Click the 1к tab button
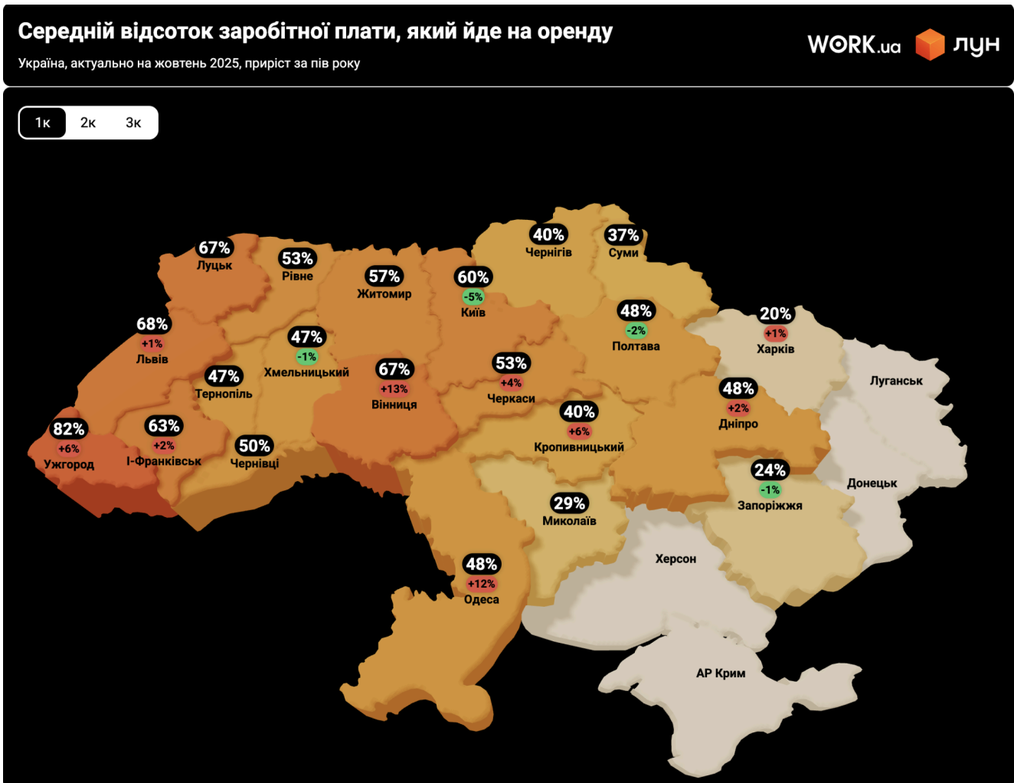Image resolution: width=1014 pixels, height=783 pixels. click(x=43, y=123)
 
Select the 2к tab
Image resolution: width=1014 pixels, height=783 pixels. click(x=88, y=123)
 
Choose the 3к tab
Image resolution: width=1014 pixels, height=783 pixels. click(x=133, y=123)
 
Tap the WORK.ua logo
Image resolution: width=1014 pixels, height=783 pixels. click(x=854, y=45)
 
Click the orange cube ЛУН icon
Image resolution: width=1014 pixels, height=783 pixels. click(x=930, y=44)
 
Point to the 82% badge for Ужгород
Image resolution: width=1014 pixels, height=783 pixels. click(x=69, y=429)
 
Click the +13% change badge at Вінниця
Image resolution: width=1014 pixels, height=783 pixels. click(x=394, y=389)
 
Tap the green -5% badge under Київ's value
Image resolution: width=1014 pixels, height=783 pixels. click(x=473, y=296)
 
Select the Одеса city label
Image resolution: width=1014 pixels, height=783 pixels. click(x=482, y=600)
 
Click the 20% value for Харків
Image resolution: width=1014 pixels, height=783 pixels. click(x=775, y=313)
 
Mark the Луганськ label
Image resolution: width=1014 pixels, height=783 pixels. click(x=896, y=381)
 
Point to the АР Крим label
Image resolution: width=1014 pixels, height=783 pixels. click(x=721, y=673)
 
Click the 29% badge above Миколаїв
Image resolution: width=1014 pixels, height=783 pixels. click(x=569, y=503)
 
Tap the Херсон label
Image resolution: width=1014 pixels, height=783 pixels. click(x=675, y=559)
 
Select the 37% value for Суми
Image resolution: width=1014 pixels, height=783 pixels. click(x=623, y=235)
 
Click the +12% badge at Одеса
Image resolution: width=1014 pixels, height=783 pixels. click(x=482, y=584)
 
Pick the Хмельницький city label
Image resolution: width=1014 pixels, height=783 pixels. click(x=306, y=372)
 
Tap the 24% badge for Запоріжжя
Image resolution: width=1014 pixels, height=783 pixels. click(x=770, y=470)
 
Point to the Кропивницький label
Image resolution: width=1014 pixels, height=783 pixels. click(x=579, y=447)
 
